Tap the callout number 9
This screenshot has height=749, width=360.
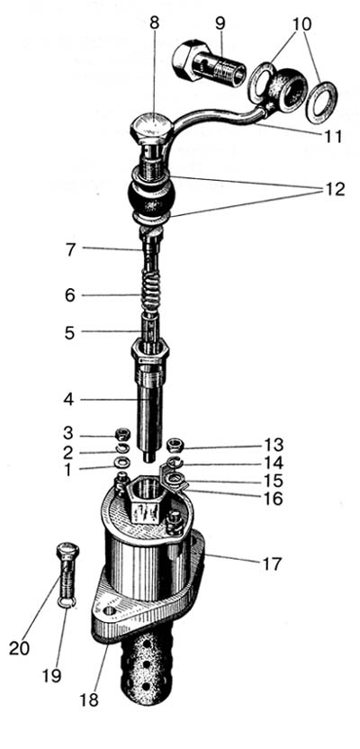pyautogui.click(x=220, y=23)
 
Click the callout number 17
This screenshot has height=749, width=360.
pyautogui.click(x=272, y=564)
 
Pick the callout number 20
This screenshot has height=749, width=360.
pyautogui.click(x=19, y=648)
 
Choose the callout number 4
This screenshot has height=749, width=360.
pyautogui.click(x=69, y=400)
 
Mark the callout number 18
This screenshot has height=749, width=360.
pyautogui.click(x=89, y=699)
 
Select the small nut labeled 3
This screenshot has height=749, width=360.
pyautogui.click(x=124, y=436)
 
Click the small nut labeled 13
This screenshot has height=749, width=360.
pyautogui.click(x=174, y=446)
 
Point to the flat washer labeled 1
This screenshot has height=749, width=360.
pyautogui.click(x=123, y=464)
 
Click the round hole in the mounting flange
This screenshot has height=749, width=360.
pyautogui.click(x=109, y=611)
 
